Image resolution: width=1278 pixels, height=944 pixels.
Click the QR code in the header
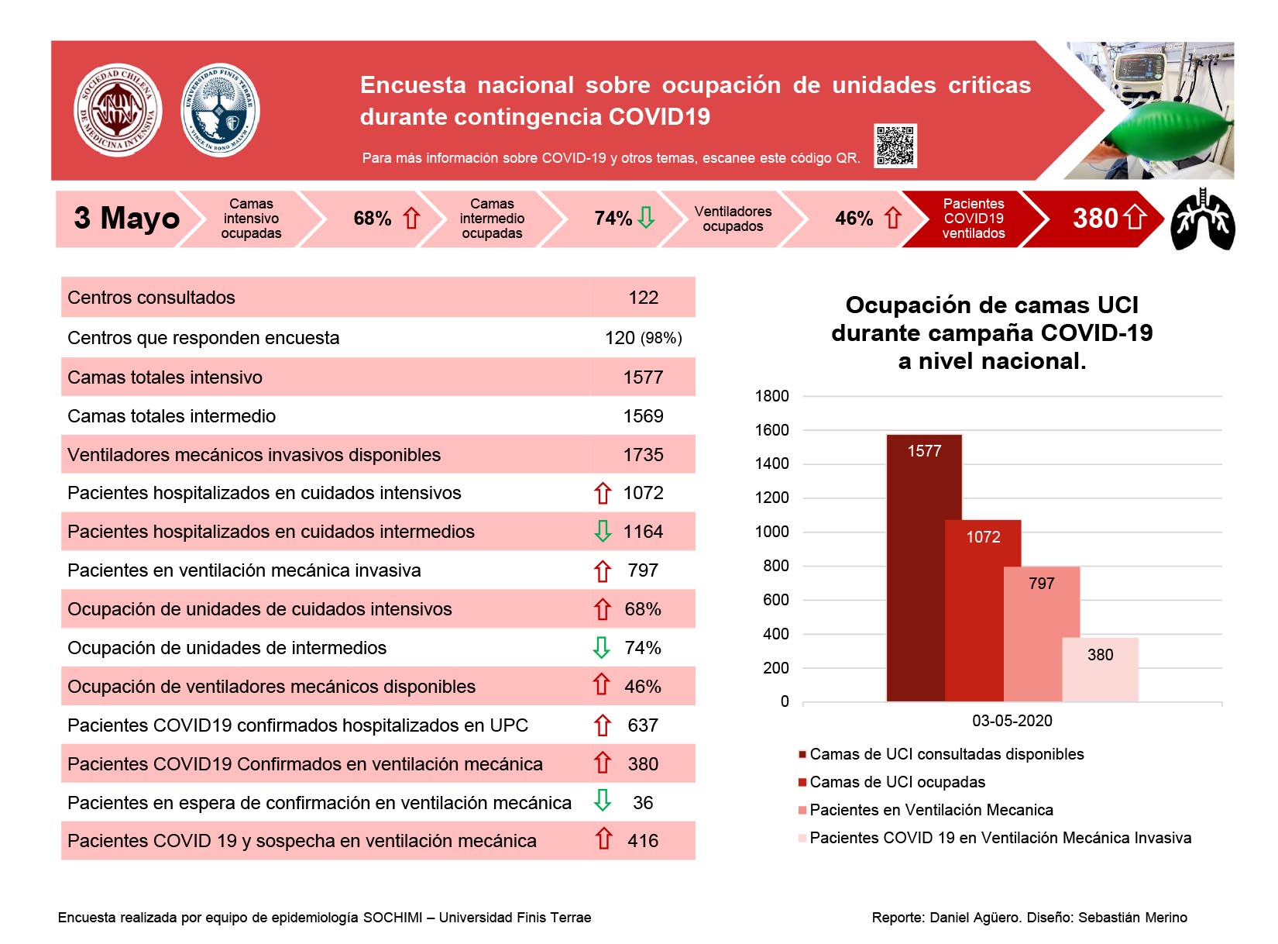click(x=894, y=145)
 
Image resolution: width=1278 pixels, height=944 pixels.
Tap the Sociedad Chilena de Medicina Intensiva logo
click(x=118, y=109)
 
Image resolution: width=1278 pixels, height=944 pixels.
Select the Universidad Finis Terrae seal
click(x=220, y=109)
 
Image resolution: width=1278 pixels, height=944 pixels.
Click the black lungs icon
click(x=1202, y=219)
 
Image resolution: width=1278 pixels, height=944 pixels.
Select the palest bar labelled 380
click(x=1099, y=669)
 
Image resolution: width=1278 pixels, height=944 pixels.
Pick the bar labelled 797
click(x=1041, y=633)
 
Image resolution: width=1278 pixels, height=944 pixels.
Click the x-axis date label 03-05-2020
click(x=1012, y=720)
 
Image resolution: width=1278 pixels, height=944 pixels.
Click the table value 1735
click(x=642, y=454)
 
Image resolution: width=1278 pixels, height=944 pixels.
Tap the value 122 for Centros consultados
click(x=642, y=297)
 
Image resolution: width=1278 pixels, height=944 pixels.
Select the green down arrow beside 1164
click(x=602, y=531)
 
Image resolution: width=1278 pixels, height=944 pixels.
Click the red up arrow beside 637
click(x=602, y=725)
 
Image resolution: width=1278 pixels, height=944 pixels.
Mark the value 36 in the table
click(x=642, y=802)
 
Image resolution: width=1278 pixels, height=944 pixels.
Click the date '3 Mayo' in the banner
click(x=127, y=218)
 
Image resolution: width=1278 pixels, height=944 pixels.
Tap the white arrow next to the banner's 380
click(x=1135, y=218)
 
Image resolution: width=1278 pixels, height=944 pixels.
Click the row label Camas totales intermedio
click(x=172, y=415)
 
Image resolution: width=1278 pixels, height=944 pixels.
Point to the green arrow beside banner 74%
click(x=646, y=218)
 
